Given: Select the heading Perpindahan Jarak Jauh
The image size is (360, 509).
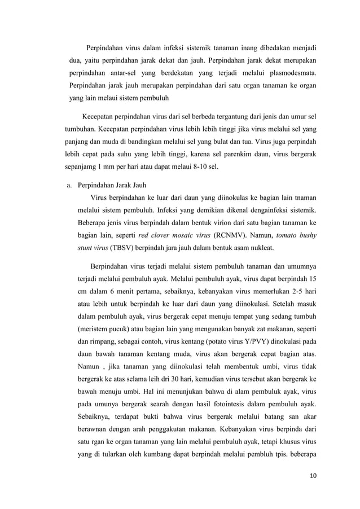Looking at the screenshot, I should [x=112, y=185].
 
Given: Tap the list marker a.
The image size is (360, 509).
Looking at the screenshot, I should [x=70, y=185].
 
